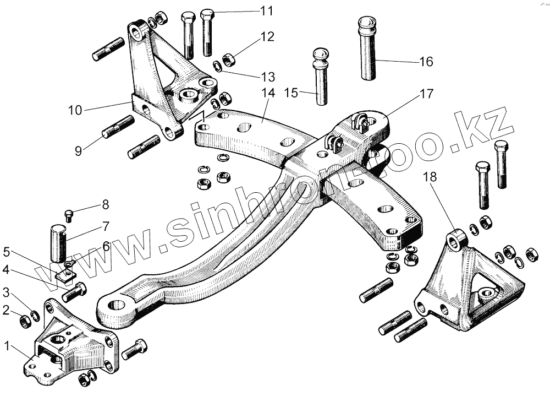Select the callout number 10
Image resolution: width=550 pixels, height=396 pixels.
(x=75, y=110)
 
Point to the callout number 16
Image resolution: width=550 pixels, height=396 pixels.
(x=426, y=61)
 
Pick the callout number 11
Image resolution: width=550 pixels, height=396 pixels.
(x=266, y=10)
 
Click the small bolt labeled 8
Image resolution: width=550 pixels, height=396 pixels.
(x=69, y=215)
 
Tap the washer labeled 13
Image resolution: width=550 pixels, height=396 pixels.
(x=218, y=67)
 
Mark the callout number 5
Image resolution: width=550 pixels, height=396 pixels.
(x=7, y=253)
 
